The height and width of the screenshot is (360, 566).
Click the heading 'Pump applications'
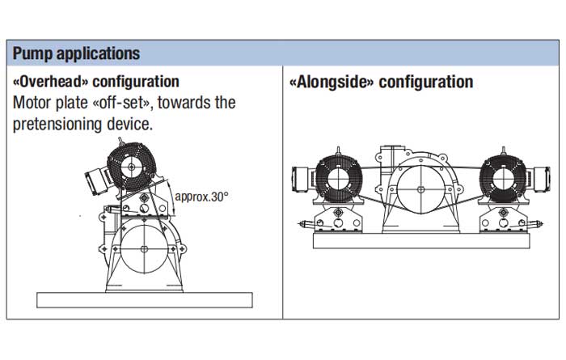pos(76,53)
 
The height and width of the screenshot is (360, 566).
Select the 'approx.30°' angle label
pos(201,197)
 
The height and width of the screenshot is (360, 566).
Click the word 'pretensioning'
pos(57,125)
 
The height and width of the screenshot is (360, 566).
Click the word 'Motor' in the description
pos(32,103)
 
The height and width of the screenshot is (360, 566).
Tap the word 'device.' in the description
pos(130,125)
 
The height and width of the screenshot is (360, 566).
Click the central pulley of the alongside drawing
pos(420,189)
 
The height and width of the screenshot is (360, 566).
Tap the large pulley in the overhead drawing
pos(144,249)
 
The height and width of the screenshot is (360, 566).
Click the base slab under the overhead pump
pos(145,300)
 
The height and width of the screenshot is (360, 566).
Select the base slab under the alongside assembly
pos(421,241)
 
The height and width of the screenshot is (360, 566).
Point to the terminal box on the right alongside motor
pos(541,179)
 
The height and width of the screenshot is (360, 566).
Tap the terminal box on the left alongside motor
pos(301,179)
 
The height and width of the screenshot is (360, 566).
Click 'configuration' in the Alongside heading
pos(426,82)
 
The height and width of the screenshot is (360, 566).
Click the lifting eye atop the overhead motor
pos(121,142)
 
